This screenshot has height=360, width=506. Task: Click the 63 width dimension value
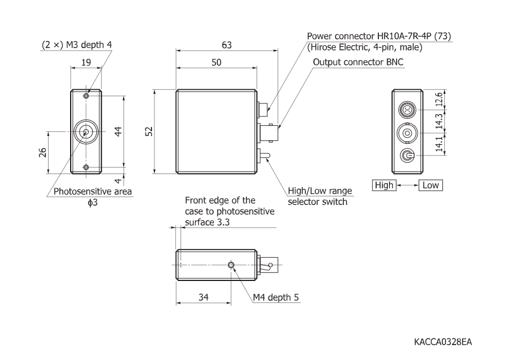227,45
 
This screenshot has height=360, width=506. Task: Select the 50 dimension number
216,62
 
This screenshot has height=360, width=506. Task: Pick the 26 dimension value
42,153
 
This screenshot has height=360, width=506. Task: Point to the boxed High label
383,185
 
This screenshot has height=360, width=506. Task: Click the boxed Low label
431,185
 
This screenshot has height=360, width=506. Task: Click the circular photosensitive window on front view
87,132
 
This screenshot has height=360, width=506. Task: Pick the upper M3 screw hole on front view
87,96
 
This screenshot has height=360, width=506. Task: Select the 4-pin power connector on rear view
407,110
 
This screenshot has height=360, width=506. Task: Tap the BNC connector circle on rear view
407,133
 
